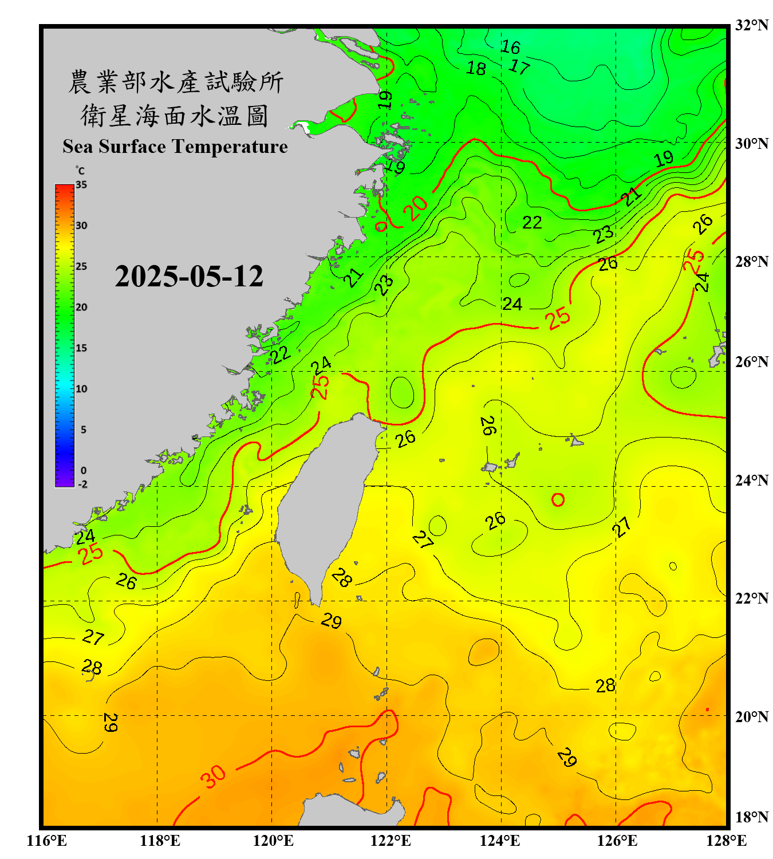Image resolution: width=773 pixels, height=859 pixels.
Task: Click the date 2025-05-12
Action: pyautogui.click(x=189, y=277)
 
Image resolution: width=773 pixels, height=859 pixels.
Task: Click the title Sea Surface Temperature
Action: pyautogui.click(x=175, y=147)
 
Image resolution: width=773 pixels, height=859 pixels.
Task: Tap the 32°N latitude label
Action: pyautogui.click(x=751, y=25)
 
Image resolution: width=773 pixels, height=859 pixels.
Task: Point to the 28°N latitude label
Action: pyautogui.click(x=751, y=261)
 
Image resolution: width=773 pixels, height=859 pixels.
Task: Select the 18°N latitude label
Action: pyautogui.click(x=751, y=817)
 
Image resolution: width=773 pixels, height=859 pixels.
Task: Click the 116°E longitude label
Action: pyautogui.click(x=47, y=841)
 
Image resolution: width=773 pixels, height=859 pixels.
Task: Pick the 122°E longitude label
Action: pyautogui.click(x=391, y=841)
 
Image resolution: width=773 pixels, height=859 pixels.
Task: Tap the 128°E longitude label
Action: pyautogui.click(x=726, y=841)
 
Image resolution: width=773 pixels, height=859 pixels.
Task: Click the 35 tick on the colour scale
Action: pyautogui.click(x=81, y=185)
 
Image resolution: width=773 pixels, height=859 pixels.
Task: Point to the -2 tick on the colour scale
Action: pyautogui.click(x=82, y=484)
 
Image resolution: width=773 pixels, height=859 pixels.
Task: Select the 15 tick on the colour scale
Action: pyautogui.click(x=81, y=348)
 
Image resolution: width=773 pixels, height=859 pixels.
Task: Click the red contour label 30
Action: pyautogui.click(x=213, y=777)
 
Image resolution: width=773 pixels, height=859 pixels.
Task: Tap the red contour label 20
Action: pyautogui.click(x=416, y=207)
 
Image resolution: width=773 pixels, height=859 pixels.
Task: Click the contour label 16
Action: pyautogui.click(x=510, y=46)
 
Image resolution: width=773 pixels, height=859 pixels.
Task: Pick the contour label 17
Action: pyautogui.click(x=519, y=66)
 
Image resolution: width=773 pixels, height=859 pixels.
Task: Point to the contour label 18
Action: pyautogui.click(x=476, y=69)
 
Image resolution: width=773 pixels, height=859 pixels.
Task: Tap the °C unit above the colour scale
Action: pyautogui.click(x=80, y=171)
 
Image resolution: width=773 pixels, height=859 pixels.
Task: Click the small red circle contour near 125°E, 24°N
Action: pyautogui.click(x=558, y=500)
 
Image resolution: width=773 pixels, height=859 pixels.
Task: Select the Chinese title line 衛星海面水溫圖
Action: pyautogui.click(x=175, y=116)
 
